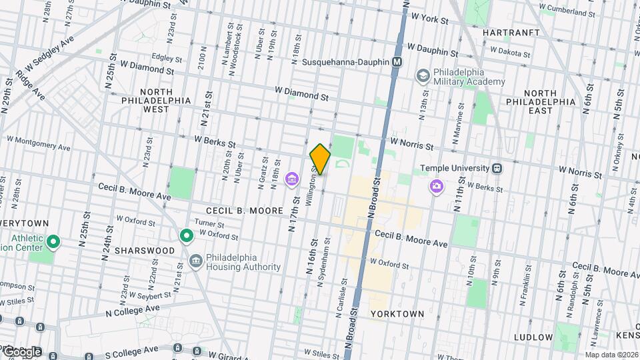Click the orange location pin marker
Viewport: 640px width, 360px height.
click(320, 159)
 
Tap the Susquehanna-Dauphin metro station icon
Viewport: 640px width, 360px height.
click(397, 62)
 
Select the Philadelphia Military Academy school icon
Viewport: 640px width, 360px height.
click(422, 76)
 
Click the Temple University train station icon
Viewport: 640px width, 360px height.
click(497, 169)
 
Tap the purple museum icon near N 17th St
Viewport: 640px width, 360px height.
click(291, 179)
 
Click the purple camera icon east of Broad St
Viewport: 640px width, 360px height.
click(436, 186)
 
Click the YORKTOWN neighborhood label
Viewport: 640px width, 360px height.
click(397, 313)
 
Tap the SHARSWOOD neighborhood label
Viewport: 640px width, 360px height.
click(144, 251)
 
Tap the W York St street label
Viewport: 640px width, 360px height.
click(430, 20)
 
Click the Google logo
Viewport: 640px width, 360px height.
click(22, 351)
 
